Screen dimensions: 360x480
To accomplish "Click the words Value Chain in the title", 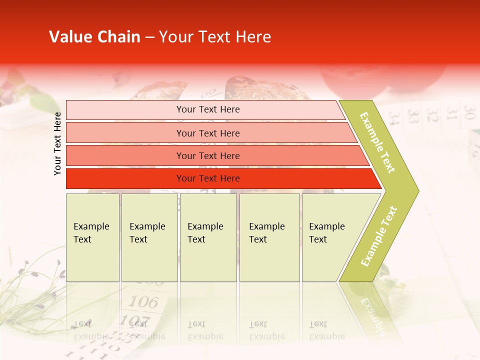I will [x=94, y=37].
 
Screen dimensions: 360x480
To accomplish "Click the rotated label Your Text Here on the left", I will [x=58, y=143].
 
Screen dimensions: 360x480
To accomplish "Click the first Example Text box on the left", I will [x=92, y=237].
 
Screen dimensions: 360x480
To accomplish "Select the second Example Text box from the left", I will [x=149, y=237].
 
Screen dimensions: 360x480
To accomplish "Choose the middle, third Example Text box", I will [x=208, y=237].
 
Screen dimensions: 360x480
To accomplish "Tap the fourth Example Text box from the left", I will [x=269, y=237].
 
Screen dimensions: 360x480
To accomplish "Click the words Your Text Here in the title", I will [x=215, y=37].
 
